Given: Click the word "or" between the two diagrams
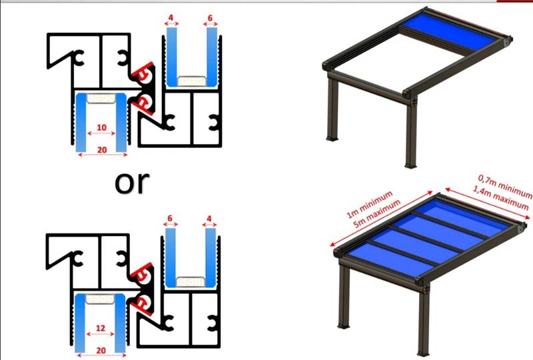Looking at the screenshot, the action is click(132, 183).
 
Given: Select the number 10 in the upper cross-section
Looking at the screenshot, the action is click(102, 127).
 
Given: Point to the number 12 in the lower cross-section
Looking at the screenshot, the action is click(101, 329).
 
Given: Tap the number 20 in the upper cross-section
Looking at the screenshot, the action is click(102, 150).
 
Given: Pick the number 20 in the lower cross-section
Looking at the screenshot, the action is click(101, 351).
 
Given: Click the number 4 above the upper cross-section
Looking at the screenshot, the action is click(171, 18).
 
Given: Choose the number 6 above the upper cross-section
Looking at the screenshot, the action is click(210, 18).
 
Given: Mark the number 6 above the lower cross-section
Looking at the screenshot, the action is click(170, 219).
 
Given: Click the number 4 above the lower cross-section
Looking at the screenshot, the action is click(209, 219).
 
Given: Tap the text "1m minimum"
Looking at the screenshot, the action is click(369, 204).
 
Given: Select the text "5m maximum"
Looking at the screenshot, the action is click(376, 213).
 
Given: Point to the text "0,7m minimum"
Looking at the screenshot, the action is click(505, 186).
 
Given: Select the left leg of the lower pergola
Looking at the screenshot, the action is click(344, 297).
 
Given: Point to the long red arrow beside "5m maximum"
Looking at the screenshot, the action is click(381, 219).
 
